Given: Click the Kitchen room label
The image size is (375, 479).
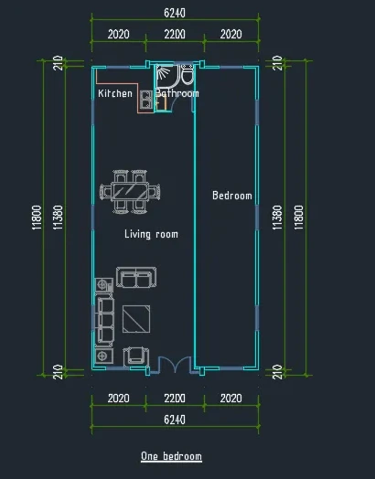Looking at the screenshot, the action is [x=115, y=93].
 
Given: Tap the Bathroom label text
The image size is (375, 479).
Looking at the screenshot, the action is [x=177, y=93].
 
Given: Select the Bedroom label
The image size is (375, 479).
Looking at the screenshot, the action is [x=232, y=196].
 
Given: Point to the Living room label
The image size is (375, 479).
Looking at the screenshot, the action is [x=151, y=234].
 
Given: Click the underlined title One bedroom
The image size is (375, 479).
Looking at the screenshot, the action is [x=171, y=456].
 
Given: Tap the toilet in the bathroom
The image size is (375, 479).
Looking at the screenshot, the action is [x=187, y=75].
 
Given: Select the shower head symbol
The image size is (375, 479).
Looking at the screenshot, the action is [x=163, y=73].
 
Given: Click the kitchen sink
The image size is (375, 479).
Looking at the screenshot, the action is [x=146, y=100].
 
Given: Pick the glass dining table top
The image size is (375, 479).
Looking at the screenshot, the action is [x=130, y=192].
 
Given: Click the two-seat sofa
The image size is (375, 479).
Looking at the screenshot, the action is [x=136, y=277].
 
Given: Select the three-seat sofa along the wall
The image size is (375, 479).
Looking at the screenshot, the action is [x=104, y=321].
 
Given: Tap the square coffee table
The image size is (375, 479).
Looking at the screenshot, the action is [x=136, y=319].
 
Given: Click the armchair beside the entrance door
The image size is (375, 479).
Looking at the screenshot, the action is [x=136, y=357].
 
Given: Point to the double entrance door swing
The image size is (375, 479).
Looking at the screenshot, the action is [x=175, y=365].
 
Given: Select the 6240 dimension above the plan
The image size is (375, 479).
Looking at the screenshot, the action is [x=175, y=13].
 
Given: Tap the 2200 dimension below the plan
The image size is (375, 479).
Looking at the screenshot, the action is [x=175, y=399].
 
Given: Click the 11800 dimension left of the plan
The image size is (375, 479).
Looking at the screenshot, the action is [x=37, y=218].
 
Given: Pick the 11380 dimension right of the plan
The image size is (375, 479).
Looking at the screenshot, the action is [x=277, y=218].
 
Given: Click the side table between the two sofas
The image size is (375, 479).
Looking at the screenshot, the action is [x=104, y=285].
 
